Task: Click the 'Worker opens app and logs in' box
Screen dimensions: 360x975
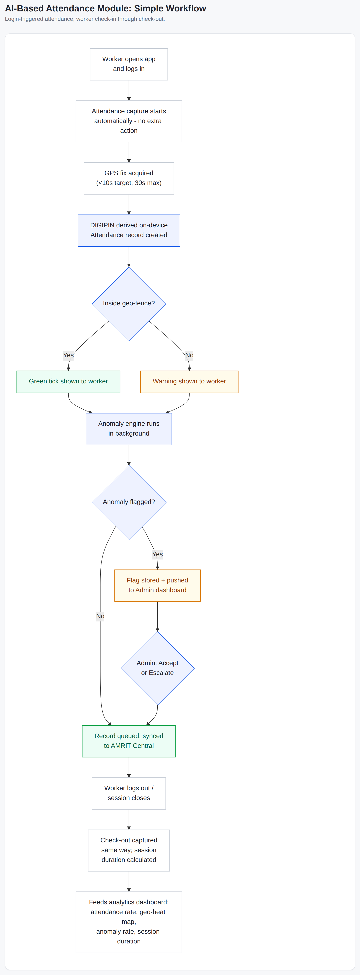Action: (x=129, y=64)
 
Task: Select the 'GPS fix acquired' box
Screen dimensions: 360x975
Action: (x=129, y=178)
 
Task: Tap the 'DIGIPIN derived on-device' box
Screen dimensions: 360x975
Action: (x=129, y=230)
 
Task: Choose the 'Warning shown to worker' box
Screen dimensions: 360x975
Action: (x=189, y=382)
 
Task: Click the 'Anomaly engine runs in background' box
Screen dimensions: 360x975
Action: (x=129, y=429)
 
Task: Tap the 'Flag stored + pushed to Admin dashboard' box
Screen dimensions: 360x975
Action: (x=157, y=585)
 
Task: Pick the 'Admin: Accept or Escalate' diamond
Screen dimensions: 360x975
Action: (x=157, y=668)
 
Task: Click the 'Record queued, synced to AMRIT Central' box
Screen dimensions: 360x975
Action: (x=129, y=741)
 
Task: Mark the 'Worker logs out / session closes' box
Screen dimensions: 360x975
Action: (x=129, y=793)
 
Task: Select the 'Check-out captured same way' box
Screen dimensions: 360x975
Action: (x=129, y=850)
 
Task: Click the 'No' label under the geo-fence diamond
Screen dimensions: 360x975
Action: (x=189, y=355)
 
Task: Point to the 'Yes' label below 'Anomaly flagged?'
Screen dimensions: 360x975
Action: (x=157, y=554)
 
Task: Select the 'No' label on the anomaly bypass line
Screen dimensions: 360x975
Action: (x=100, y=616)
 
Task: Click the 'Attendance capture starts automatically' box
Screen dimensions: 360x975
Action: (x=129, y=121)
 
